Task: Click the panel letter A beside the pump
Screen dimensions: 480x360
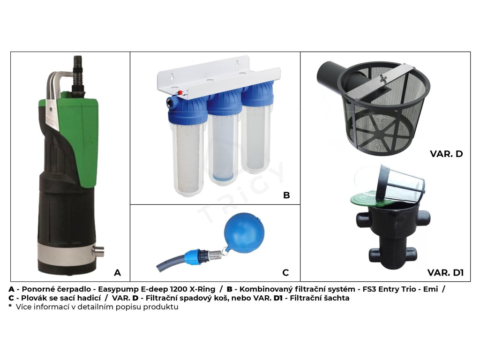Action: [117, 272]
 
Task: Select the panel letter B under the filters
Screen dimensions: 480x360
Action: [286, 195]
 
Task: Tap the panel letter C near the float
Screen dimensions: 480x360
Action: [285, 272]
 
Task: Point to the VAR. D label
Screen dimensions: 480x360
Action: [446, 154]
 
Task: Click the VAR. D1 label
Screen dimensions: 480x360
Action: [445, 272]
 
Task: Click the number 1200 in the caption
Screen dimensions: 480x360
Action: [179, 289]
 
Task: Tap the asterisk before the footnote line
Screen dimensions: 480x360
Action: [10, 306]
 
